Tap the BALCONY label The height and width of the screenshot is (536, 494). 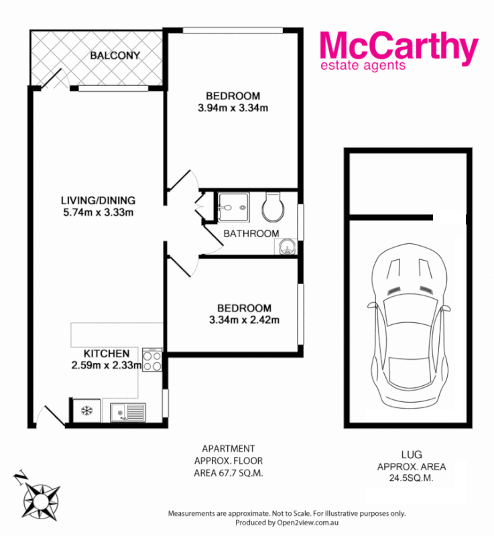pos(115,56)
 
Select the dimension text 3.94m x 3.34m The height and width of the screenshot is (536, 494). pos(233,108)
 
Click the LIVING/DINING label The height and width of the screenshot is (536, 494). pos(98,200)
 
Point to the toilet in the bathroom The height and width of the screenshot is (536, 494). pos(273,207)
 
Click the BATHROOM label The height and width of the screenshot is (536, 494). pos(251,234)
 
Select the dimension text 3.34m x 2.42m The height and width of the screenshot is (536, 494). pos(244,320)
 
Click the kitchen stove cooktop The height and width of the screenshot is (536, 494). pos(152,361)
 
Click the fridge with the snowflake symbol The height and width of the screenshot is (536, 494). pos(86,411)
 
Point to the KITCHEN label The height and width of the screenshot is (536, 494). pos(106,353)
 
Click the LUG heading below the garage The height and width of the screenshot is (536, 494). pos(412,454)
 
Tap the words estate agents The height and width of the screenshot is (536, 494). pos(363,66)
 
